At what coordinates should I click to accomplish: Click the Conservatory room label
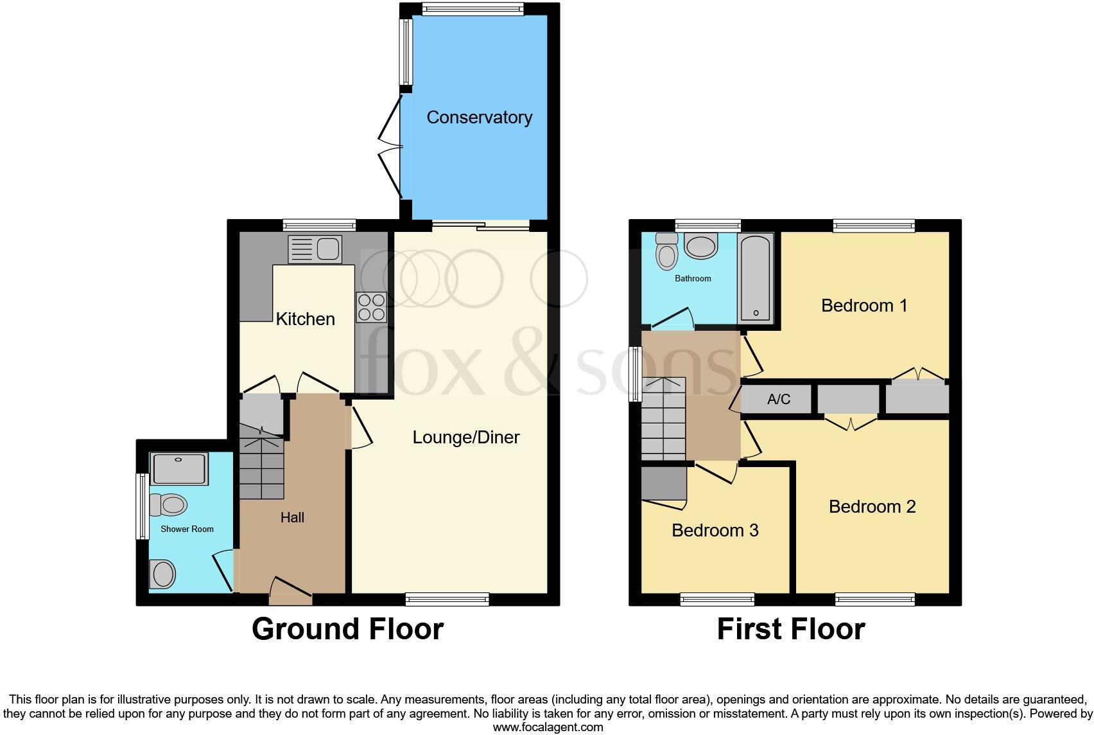pyautogui.click(x=479, y=118)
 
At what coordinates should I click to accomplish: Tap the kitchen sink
pyautogui.click(x=315, y=249)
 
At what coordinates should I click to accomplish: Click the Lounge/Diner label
pyautogui.click(x=465, y=438)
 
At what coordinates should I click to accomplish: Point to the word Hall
pyautogui.click(x=292, y=517)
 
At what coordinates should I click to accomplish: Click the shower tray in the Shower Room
pyautogui.click(x=179, y=468)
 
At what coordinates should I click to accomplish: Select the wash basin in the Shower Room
pyautogui.click(x=162, y=573)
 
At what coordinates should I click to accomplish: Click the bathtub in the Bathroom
pyautogui.click(x=756, y=278)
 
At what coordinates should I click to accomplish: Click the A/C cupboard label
pyautogui.click(x=779, y=400)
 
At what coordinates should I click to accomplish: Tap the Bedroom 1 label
pyautogui.click(x=864, y=305)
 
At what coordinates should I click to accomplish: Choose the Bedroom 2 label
pyautogui.click(x=872, y=506)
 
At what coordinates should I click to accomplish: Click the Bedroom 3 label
pyautogui.click(x=715, y=530)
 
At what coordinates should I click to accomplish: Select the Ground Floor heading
pyautogui.click(x=347, y=628)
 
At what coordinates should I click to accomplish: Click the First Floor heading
pyautogui.click(x=790, y=628)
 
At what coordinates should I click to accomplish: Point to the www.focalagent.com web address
pyautogui.click(x=548, y=727)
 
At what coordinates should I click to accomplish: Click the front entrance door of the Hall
pyautogui.click(x=290, y=592)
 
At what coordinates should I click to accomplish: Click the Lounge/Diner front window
pyautogui.click(x=447, y=599)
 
